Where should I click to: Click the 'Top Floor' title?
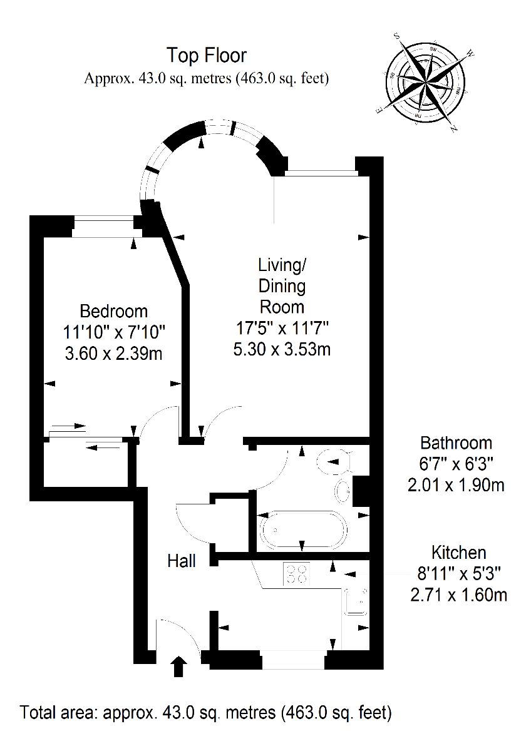tap(206, 56)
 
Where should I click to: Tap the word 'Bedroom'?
tap(114, 311)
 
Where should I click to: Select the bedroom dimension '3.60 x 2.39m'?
tap(114, 354)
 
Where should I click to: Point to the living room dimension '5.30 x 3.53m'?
tap(282, 349)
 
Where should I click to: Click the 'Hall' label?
tap(182, 560)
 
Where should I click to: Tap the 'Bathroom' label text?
tap(456, 443)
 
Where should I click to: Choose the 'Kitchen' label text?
tap(458, 553)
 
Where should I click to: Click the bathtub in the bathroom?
tap(302, 531)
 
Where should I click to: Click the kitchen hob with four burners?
tap(296, 573)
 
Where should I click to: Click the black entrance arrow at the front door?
tap(179, 666)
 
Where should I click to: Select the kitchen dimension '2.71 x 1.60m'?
tap(458, 594)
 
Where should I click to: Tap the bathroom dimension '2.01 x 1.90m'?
tap(456, 485)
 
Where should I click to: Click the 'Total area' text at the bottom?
tap(206, 712)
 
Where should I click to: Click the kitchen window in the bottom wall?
tap(293, 660)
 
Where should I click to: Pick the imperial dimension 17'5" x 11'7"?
tap(282, 328)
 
